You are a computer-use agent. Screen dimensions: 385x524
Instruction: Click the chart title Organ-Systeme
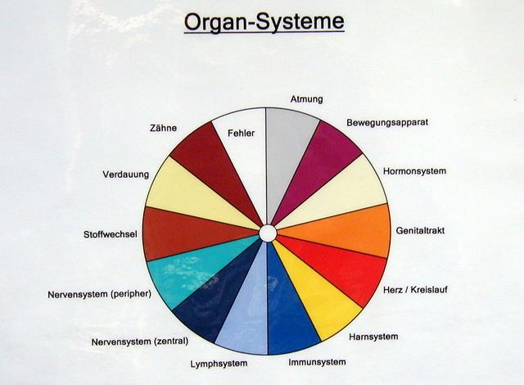coord(263,21)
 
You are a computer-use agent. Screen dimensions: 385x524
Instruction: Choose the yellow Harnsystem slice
coord(320,300)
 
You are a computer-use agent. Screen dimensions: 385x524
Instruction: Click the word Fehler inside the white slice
coord(242,133)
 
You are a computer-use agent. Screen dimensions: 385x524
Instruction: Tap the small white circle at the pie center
coord(267,233)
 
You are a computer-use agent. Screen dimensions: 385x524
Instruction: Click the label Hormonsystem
coord(414,171)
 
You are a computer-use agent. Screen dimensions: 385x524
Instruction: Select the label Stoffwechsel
coord(110,234)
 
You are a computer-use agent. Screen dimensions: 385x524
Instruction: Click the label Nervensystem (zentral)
coord(139,341)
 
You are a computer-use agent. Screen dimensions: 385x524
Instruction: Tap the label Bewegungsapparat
coord(387,122)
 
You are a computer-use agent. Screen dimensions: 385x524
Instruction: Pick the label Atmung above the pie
coord(306,99)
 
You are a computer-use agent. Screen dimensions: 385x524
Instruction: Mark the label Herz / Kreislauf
coord(415,289)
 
